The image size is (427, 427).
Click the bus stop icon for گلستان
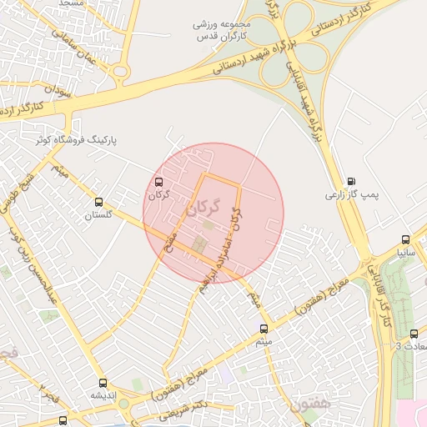pos(99,202)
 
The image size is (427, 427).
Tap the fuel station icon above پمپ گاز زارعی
pos(350,181)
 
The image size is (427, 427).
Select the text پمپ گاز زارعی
pos(351,194)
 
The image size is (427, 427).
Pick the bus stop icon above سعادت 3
pos(414,334)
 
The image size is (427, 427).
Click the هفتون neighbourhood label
pos(313,404)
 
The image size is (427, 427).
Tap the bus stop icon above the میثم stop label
pos(264,329)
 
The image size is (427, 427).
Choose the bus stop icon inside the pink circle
pos(159,182)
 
